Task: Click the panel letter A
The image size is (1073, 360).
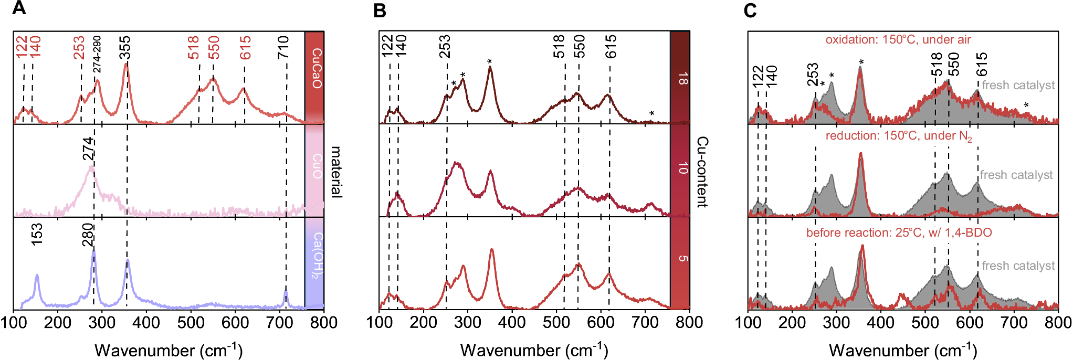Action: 18,9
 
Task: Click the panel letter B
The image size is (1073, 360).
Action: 380,10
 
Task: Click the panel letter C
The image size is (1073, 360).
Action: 750,10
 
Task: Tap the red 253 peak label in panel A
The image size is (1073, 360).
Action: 79,48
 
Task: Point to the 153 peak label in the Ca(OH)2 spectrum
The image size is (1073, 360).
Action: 37,234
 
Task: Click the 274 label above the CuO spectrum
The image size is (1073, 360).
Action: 89,149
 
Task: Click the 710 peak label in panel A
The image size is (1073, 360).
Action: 284,47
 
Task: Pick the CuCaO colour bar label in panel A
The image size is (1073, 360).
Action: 317,68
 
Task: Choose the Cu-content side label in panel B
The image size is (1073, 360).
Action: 702,172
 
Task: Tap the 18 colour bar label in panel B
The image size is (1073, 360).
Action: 682,79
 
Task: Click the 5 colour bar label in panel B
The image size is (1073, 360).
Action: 682,258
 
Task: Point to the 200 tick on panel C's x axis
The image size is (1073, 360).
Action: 792,322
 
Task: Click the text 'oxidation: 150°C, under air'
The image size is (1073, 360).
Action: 898,40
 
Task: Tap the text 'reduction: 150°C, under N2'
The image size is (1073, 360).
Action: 898,136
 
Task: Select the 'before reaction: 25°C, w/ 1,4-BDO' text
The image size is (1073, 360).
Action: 899,232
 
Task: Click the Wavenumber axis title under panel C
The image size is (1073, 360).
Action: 903,350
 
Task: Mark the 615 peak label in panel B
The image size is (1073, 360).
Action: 611,47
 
